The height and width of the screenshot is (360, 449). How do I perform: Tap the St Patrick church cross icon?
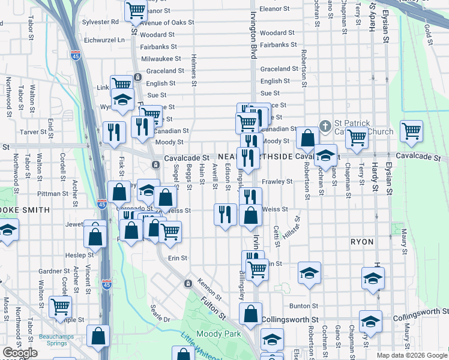pyautogui.click(x=325, y=125)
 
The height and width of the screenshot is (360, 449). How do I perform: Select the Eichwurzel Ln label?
pyautogui.click(x=104, y=40)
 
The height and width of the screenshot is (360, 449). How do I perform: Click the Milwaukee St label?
pyautogui.click(x=161, y=59)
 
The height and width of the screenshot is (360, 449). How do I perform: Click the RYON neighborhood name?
pyautogui.click(x=363, y=242)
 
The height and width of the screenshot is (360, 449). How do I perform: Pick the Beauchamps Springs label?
pyautogui.click(x=56, y=341)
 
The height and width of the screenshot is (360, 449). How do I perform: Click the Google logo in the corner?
pyautogui.click(x=20, y=353)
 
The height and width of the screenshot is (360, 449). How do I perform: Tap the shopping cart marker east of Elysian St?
pyautogui.click(x=411, y=131)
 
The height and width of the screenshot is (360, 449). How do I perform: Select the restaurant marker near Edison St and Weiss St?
pyautogui.click(x=225, y=214)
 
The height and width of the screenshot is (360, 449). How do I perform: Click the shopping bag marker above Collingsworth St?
pyautogui.click(x=250, y=313)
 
